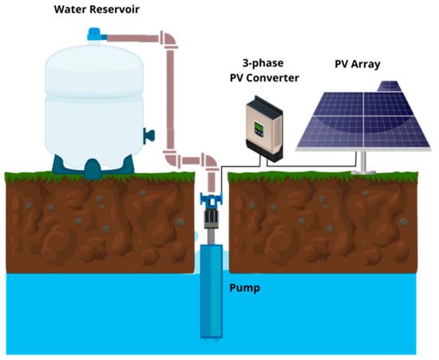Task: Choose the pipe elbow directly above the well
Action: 209,162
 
